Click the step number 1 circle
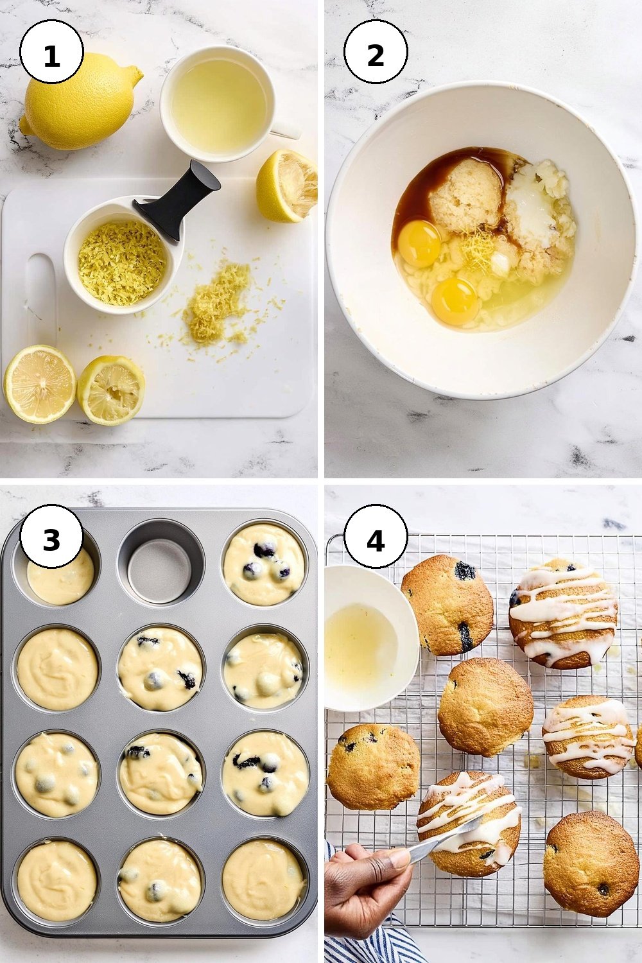point(51,51)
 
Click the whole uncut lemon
point(80,102)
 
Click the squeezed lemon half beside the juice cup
point(287,186)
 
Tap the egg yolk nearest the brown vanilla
point(419,243)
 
